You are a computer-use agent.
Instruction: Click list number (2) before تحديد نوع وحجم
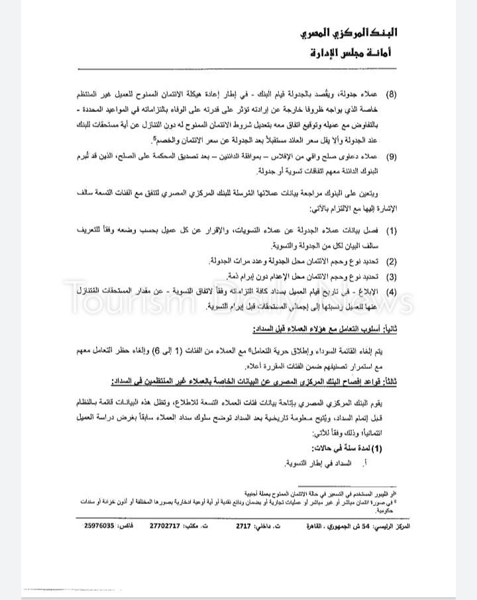[392, 262]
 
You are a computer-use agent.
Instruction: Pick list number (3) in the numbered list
[392, 276]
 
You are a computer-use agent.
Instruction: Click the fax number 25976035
[99, 526]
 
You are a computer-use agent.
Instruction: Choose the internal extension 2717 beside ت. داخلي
[244, 526]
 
